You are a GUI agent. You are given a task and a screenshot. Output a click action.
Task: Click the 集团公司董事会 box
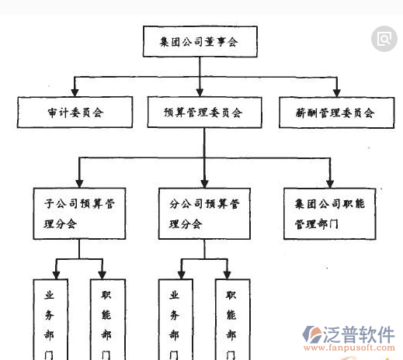coord(200,42)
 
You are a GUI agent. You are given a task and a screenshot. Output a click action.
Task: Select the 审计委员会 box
coord(74,112)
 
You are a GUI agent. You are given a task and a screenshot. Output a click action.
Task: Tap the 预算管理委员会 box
coord(203,112)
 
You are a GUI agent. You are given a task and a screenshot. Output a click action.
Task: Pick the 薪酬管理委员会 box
coord(335,112)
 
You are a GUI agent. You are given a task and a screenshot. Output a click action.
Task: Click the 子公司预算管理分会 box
coord(79,213)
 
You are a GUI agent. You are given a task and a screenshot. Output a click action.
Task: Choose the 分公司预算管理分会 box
coord(204,213)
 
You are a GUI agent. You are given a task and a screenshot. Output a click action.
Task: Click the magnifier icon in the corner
coord(384,38)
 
